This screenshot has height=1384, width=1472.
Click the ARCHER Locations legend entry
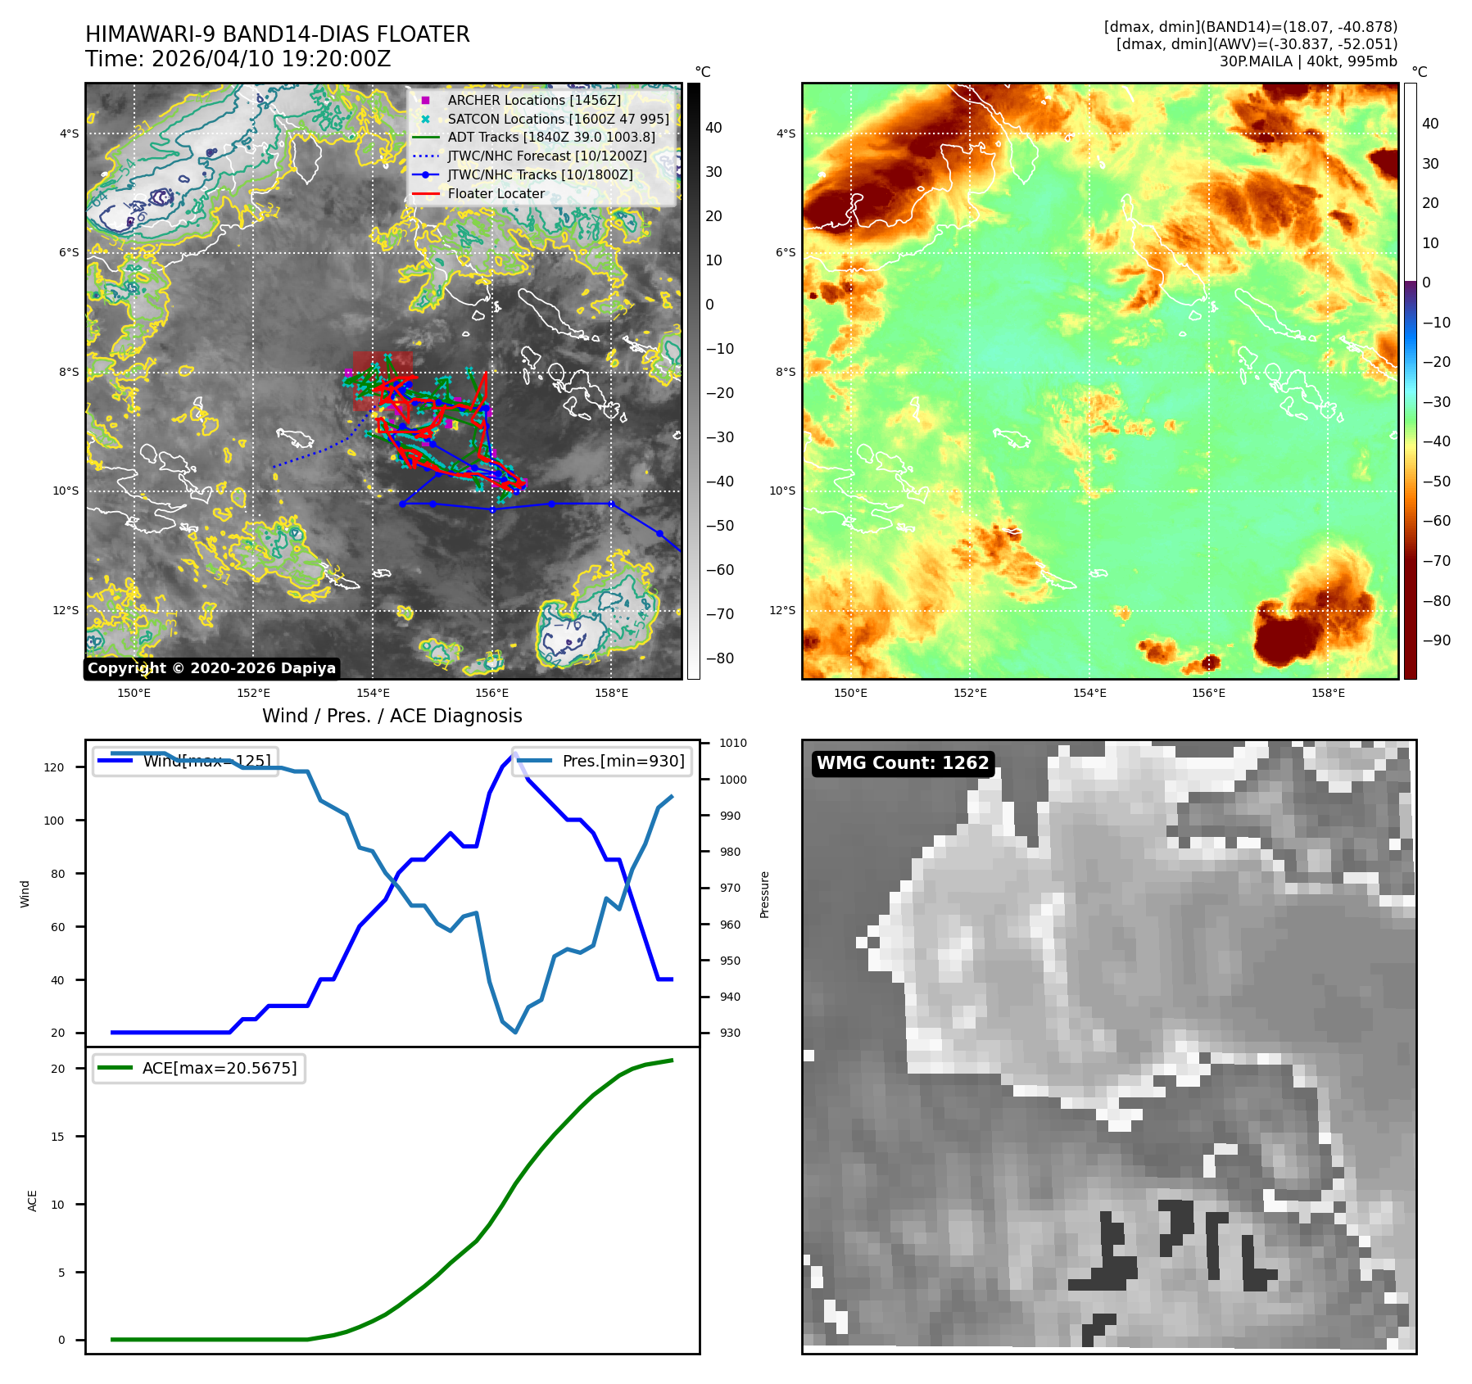(x=533, y=100)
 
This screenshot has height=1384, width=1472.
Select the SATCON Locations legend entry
(x=557, y=119)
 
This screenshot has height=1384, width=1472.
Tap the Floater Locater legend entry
(x=496, y=193)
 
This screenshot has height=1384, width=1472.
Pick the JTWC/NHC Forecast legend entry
(x=546, y=156)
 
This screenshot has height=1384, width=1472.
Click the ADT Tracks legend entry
(x=550, y=137)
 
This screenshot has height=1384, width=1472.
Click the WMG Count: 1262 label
(x=903, y=763)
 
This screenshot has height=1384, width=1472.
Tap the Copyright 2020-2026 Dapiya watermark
(x=211, y=668)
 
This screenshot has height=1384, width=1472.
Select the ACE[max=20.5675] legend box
(x=199, y=1069)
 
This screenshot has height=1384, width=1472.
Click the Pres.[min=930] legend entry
(x=602, y=761)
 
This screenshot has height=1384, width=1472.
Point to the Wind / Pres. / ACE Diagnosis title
(x=392, y=716)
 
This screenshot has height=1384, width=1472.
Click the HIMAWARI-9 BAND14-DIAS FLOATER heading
(x=277, y=34)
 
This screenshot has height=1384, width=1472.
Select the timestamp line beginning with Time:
(x=238, y=59)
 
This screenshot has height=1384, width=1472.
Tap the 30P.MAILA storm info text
(x=1307, y=61)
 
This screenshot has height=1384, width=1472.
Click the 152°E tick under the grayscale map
(x=253, y=693)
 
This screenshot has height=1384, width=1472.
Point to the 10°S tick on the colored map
(x=781, y=491)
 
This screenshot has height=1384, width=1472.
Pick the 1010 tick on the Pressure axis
(x=732, y=744)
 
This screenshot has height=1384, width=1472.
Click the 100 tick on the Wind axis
(x=54, y=821)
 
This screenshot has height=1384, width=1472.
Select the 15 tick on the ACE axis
(x=57, y=1137)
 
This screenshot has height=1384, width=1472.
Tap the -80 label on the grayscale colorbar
(x=720, y=658)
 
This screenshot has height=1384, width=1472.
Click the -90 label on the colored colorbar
(x=1436, y=640)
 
